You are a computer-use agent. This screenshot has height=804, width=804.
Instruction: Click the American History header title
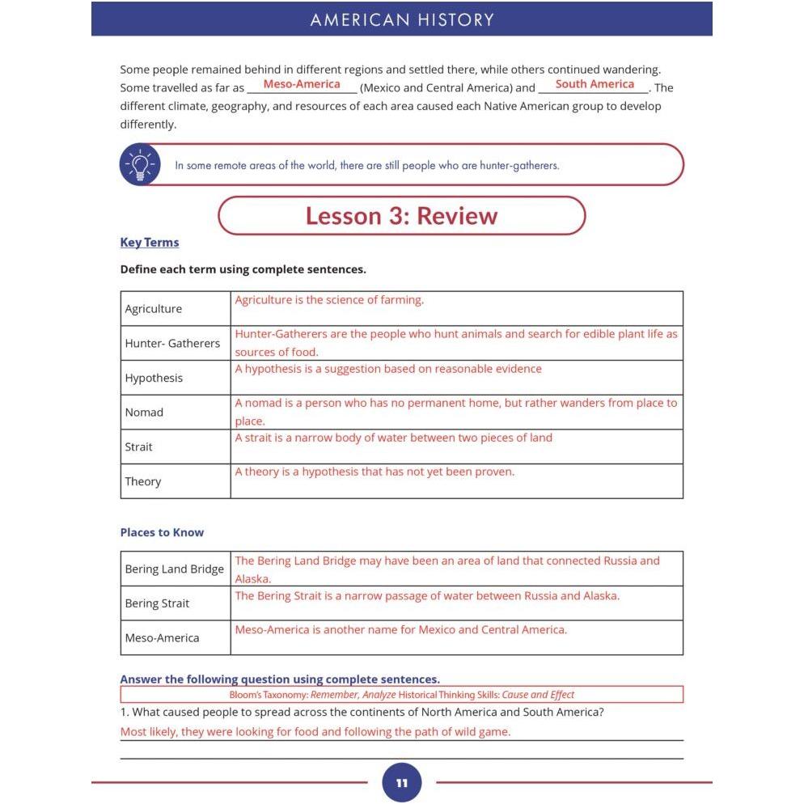pos(402,20)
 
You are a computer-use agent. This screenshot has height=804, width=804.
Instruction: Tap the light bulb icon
pos(141,165)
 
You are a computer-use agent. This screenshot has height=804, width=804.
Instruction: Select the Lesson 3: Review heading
pos(401,216)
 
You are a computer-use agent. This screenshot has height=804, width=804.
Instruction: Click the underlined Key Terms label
pos(150,243)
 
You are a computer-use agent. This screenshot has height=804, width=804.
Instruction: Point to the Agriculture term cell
pos(154,309)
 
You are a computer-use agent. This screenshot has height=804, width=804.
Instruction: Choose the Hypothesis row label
pos(154,378)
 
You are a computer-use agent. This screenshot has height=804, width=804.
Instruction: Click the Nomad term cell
pos(144,413)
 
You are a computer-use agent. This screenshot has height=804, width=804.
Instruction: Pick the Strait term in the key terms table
pos(138,446)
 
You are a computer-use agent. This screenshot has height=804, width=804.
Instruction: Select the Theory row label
pos(143,481)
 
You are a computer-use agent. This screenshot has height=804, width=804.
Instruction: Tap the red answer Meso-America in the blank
pos(302,84)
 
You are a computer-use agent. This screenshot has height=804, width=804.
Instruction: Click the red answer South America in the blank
pos(595,84)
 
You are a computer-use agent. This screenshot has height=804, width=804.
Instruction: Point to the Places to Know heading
pos(162,532)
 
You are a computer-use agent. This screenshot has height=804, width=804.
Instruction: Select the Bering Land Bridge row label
pos(174,569)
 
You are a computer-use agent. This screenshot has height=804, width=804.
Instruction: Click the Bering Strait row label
pos(157,603)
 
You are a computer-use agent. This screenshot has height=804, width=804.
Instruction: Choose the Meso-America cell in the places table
pos(162,638)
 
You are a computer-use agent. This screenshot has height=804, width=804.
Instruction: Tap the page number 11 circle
pos(402,782)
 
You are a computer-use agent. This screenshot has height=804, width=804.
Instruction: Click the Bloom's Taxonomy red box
pos(401,695)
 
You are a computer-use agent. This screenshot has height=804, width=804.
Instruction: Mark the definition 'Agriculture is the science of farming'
pos(329,300)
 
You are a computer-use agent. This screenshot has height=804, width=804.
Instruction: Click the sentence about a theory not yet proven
pos(374,472)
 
